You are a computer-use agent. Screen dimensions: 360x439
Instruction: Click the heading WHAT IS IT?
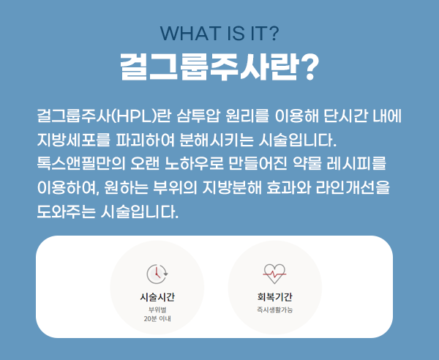(219, 34)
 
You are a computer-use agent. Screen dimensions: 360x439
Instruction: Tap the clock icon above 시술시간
(157, 273)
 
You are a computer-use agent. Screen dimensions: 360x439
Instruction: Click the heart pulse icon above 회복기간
(275, 273)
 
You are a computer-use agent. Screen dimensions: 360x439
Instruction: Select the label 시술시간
(157, 297)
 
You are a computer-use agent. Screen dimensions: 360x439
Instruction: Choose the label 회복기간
(275, 297)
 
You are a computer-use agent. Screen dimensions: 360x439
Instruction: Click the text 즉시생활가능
(275, 310)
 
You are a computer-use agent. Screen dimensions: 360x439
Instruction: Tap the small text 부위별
(157, 310)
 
